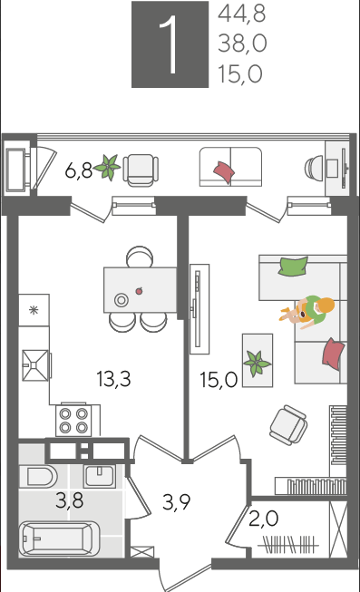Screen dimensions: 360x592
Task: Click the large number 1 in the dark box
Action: coord(170,44)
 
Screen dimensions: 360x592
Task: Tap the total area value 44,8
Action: coord(242,14)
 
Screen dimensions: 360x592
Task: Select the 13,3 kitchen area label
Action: coord(113,379)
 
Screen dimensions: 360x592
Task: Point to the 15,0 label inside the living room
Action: coord(219,380)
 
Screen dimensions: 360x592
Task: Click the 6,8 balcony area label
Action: coord(79,171)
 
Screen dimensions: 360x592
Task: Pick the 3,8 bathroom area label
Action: coord(70,501)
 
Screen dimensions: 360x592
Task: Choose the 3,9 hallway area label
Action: coord(176,502)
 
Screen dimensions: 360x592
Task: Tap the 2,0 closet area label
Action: coord(264,519)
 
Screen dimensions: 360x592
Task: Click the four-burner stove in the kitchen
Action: coord(73,421)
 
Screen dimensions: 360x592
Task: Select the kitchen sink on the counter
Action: coord(35,365)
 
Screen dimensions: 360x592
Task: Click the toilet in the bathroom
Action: coord(37,477)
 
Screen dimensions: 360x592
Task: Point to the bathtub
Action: coord(59,539)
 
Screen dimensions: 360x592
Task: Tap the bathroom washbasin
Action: coord(100,477)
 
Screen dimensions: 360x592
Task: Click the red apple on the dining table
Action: coord(139,291)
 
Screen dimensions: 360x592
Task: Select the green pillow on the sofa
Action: coord(293,267)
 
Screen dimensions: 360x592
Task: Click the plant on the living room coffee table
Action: coord(257,364)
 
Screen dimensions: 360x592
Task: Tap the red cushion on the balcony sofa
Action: coord(224,172)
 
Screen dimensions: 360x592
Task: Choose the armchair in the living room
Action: coord(287,425)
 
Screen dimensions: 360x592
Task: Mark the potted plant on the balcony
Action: coord(108,167)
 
